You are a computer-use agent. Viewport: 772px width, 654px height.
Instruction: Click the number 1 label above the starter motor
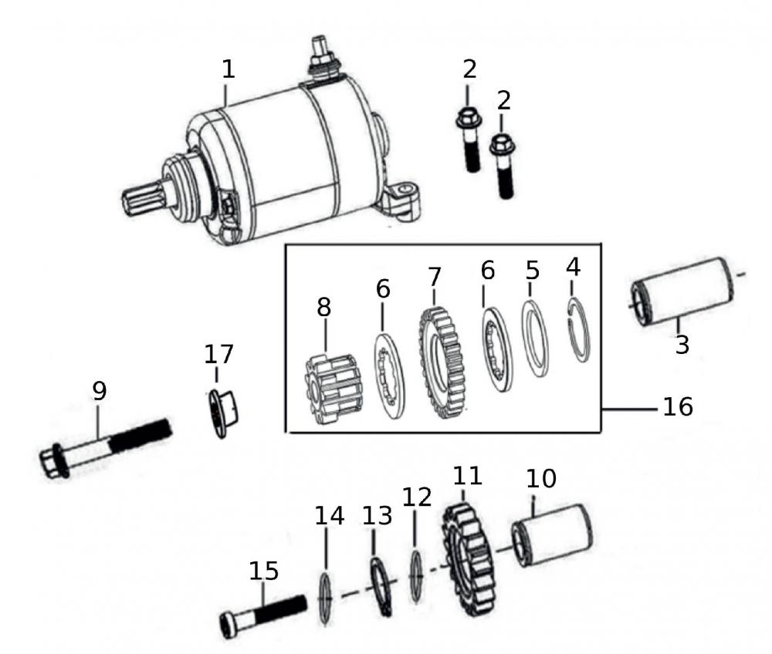click(x=228, y=69)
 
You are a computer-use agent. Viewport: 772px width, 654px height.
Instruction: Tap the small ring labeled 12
click(x=416, y=577)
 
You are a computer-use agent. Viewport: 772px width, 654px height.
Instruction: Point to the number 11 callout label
click(x=467, y=475)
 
